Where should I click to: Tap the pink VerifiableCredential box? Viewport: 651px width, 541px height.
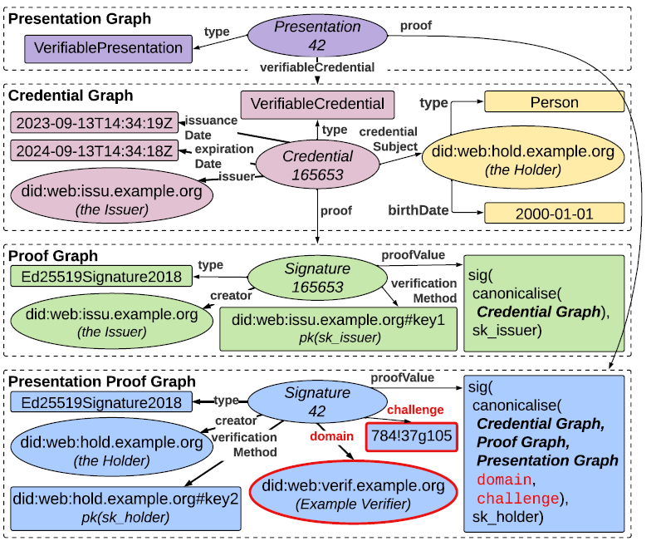click(x=318, y=104)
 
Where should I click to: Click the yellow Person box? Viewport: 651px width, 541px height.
click(x=554, y=103)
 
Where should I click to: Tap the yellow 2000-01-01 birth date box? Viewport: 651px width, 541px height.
click(x=554, y=214)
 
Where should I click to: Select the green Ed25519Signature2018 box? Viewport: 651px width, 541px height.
click(x=100, y=277)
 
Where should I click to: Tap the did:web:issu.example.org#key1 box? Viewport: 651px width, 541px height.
click(x=338, y=327)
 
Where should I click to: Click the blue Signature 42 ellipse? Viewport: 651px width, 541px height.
click(x=317, y=401)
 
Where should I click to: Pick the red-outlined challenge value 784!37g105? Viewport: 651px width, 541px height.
click(x=411, y=435)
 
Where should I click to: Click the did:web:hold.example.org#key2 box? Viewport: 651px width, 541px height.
click(x=125, y=507)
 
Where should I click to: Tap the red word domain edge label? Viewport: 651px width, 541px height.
click(x=326, y=435)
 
